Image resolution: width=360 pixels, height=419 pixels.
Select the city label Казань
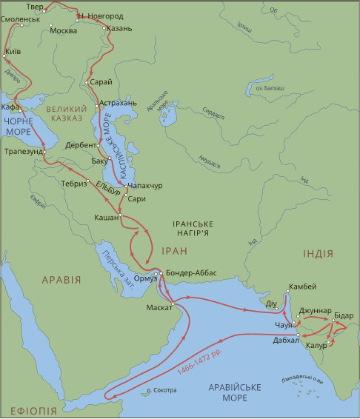(x=119, y=28)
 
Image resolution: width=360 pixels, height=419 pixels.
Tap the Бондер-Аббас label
(x=192, y=272)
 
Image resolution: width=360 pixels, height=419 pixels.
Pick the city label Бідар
(x=344, y=315)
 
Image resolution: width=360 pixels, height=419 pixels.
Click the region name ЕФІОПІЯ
(x=33, y=410)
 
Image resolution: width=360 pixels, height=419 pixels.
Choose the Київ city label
(x=13, y=52)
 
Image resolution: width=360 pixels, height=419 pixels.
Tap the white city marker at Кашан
(x=119, y=216)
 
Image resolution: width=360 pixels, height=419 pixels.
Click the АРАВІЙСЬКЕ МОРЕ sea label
(x=251, y=392)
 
